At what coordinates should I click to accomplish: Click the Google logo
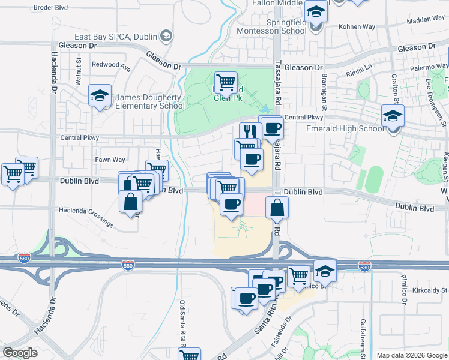[20, 353]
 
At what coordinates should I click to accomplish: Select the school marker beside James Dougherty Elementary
[100, 95]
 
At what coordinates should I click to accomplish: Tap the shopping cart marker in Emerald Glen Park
[226, 83]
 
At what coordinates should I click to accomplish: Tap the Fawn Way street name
[110, 160]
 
